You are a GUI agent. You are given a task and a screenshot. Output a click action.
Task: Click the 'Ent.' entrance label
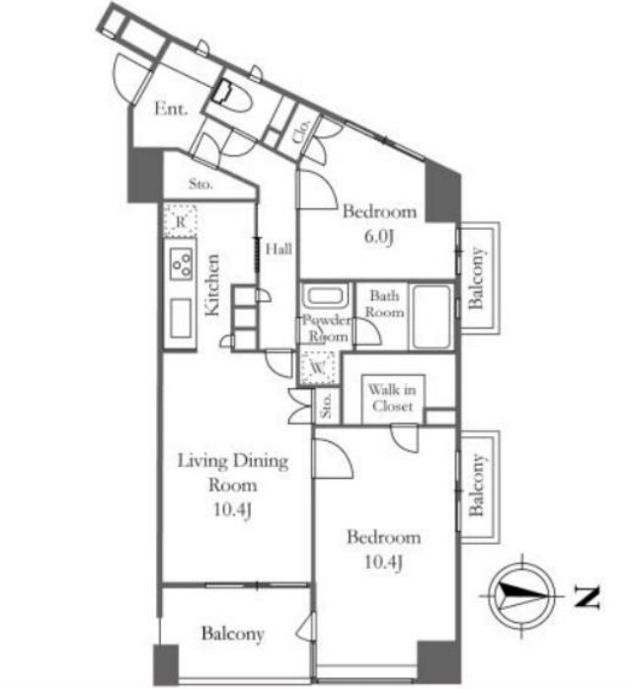pyautogui.click(x=171, y=109)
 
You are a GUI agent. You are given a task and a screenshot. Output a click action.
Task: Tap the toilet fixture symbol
pyautogui.click(x=232, y=98)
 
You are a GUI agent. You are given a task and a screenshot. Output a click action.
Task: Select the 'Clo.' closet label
pyautogui.click(x=301, y=131)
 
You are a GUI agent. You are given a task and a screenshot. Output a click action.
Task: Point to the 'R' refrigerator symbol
pyautogui.click(x=181, y=221)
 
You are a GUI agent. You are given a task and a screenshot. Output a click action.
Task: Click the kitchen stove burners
pyautogui.click(x=182, y=265)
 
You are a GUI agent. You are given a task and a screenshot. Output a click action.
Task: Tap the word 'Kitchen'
pyautogui.click(x=212, y=284)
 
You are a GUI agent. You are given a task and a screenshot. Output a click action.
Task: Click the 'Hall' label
pyautogui.click(x=278, y=249)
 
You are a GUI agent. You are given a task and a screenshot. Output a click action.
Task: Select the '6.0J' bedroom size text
pyautogui.click(x=378, y=237)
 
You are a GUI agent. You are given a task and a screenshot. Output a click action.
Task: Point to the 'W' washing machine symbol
pyautogui.click(x=318, y=367)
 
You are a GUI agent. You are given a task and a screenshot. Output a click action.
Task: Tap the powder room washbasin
pyautogui.click(x=325, y=295)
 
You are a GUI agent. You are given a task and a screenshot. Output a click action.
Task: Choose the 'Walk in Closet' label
pyautogui.click(x=392, y=398)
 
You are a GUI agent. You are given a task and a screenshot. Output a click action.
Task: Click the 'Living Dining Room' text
pyautogui.click(x=233, y=473)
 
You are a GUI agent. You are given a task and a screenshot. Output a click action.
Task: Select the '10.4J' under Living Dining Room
pyautogui.click(x=233, y=510)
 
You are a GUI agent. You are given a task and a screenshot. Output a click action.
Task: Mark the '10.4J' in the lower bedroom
pyautogui.click(x=383, y=562)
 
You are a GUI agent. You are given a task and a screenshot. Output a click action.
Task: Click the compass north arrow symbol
pyautogui.click(x=521, y=596)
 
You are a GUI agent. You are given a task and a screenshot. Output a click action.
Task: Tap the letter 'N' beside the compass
pyautogui.click(x=588, y=597)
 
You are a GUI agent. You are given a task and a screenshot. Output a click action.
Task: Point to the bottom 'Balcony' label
pyautogui.click(x=232, y=634)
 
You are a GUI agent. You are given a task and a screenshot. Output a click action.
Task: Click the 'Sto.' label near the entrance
pyautogui.click(x=200, y=185)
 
